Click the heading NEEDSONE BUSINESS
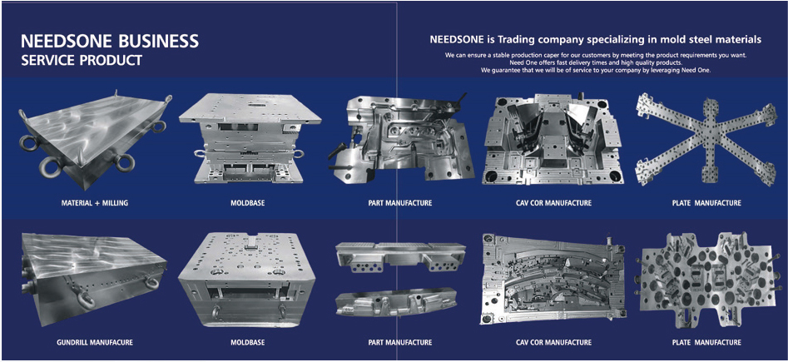(110, 40)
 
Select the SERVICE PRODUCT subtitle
(81, 60)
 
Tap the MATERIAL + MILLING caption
(95, 203)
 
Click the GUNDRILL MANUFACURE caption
(95, 342)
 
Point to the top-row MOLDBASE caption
(247, 203)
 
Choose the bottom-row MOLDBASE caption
(247, 342)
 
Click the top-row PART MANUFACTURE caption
(399, 203)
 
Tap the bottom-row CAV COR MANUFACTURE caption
(553, 342)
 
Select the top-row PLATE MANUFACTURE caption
(706, 203)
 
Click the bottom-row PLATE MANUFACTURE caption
(706, 342)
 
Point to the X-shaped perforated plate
(706, 138)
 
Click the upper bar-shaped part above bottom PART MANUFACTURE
(399, 256)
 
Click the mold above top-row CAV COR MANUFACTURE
(553, 138)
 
